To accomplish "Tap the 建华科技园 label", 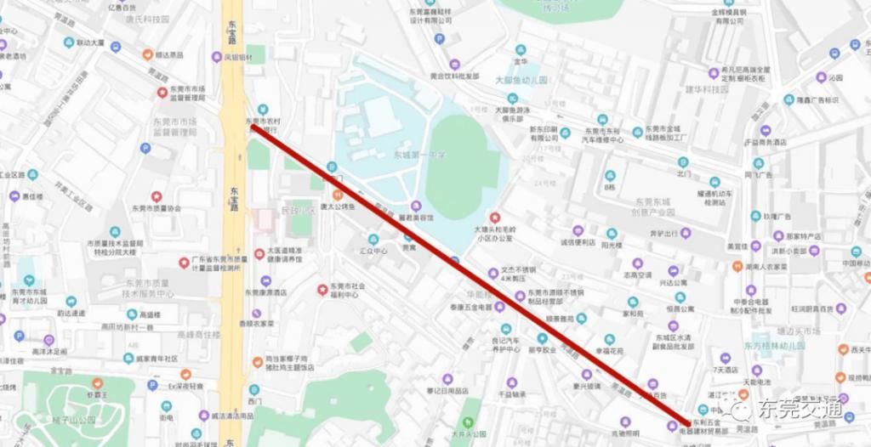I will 706,89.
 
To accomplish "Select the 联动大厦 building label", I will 89,42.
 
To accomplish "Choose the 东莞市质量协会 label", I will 157,207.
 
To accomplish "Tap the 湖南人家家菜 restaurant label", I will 766,266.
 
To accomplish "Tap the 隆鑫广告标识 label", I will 816,99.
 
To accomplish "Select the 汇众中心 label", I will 373,251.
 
